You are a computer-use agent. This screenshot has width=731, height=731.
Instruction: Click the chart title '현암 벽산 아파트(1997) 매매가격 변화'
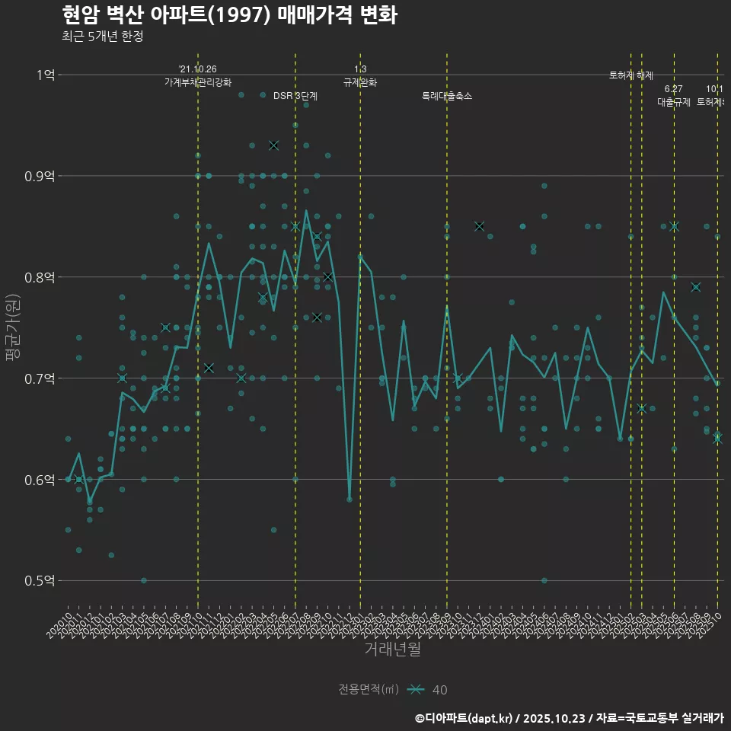pyautogui.click(x=228, y=15)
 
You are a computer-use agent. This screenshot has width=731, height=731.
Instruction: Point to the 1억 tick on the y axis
pyautogui.click(x=45, y=75)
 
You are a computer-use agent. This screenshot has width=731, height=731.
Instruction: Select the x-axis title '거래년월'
pyautogui.click(x=392, y=650)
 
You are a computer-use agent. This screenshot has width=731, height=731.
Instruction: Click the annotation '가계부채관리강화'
pyautogui.click(x=198, y=82)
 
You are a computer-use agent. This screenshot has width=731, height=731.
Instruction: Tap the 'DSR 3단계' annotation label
pyautogui.click(x=295, y=96)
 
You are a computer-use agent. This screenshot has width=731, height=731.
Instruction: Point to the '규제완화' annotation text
pyautogui.click(x=360, y=82)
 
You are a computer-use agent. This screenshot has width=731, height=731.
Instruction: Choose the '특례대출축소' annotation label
pyautogui.click(x=447, y=96)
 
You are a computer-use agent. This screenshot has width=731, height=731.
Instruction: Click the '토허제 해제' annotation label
pyautogui.click(x=631, y=75)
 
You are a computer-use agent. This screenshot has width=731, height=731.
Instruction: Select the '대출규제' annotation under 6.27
pyautogui.click(x=674, y=102)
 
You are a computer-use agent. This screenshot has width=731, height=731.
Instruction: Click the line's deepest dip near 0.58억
pyautogui.click(x=350, y=499)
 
